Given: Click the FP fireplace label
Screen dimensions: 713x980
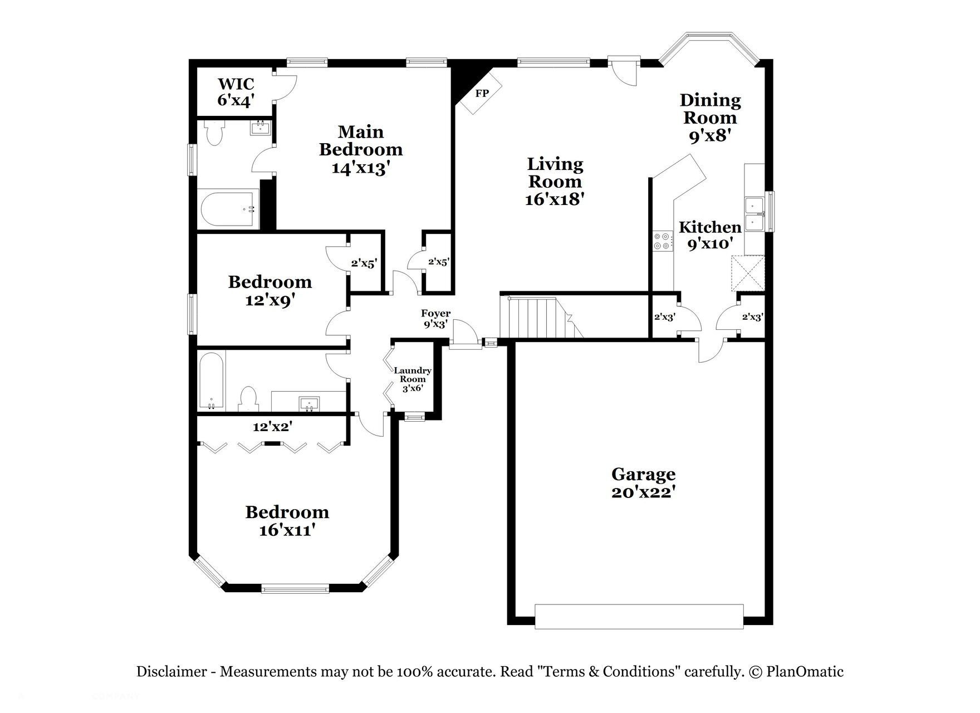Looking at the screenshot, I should coord(482,93).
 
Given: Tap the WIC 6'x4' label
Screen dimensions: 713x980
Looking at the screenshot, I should coord(236,92).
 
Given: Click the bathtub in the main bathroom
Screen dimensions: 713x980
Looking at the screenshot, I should coord(228,209).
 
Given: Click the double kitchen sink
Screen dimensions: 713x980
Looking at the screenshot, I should coord(755,214).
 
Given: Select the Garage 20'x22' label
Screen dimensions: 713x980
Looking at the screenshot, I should coord(643,483).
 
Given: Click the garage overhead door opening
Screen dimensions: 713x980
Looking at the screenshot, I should coord(639,616).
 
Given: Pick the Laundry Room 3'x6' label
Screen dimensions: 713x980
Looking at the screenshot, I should coord(413,379).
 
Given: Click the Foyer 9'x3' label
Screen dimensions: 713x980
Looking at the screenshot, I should coord(435,319).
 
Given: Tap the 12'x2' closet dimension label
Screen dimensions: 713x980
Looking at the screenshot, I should coord(273,427).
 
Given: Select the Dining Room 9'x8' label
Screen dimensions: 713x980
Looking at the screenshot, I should coord(710,118).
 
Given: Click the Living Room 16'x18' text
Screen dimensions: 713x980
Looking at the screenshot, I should coord(555,181).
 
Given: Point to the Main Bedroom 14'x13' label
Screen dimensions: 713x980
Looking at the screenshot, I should coord(360,149).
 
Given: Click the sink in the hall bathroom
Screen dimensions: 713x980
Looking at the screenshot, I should coord(308,402).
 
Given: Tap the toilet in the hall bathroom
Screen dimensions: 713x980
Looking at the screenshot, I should coord(248,399).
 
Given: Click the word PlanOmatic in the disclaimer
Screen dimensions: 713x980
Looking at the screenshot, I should coord(805,672).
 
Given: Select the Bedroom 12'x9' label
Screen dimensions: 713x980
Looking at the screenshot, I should coord(270,290).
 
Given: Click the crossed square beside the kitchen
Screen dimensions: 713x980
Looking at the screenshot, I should coord(748,273).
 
